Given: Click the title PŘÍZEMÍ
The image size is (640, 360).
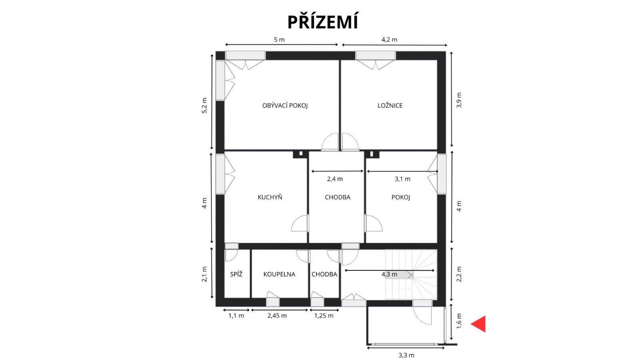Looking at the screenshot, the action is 322,22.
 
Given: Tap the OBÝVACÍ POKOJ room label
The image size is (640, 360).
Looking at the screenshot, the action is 285,106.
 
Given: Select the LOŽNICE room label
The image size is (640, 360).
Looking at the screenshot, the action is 390,106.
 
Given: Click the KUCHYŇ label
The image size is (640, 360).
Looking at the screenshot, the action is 270,197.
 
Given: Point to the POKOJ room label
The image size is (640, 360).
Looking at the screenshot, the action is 401,197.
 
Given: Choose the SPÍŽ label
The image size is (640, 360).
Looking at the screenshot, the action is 236,274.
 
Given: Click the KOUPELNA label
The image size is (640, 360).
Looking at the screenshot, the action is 279,274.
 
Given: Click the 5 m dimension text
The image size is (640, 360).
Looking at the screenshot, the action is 279,40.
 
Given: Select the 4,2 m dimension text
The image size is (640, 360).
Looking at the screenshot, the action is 390,40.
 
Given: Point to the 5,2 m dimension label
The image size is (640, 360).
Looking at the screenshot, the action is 204,106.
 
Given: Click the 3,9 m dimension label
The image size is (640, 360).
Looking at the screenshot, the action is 459,100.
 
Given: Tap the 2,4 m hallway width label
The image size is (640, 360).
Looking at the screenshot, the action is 335,179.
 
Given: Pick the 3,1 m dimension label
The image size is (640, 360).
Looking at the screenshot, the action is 402,179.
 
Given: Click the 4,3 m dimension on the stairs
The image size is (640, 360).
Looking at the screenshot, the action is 390,274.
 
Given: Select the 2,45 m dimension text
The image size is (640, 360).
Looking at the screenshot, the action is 277,316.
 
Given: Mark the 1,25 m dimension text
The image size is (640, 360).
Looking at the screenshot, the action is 324,316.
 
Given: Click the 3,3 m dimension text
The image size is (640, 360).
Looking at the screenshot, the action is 406,356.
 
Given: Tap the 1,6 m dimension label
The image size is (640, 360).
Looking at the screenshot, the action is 459,321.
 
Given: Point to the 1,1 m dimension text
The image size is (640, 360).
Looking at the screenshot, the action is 236,316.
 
